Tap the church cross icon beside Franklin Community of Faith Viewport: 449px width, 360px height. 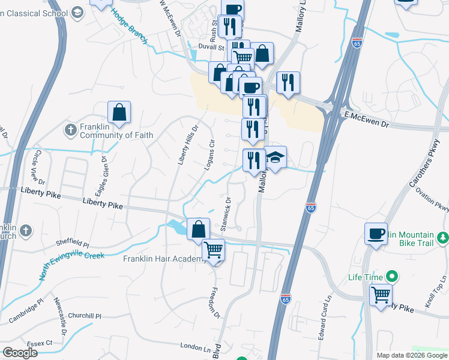coord(71,130)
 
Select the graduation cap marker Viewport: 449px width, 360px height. coord(275,158)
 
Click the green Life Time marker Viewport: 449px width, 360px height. coord(393,277)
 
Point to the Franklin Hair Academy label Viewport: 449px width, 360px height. coord(161,259)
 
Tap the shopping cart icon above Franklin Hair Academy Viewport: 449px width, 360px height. coord(213,250)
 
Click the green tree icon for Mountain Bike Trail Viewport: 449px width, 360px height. coord(443,238)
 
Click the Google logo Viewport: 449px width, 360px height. coord(20,353)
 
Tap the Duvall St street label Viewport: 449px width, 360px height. coord(212,46)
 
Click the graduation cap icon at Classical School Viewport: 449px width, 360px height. coord(77,12)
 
